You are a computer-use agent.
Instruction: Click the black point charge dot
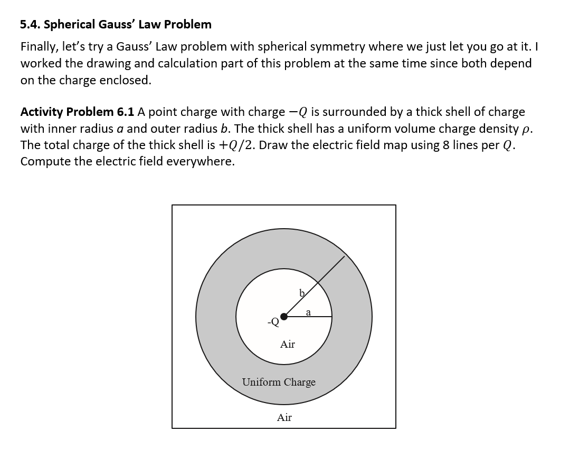pos(284,317)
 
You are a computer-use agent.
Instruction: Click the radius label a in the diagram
pos(308,312)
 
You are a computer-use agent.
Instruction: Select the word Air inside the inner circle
pos(287,345)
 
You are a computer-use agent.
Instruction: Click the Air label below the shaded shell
pos(284,418)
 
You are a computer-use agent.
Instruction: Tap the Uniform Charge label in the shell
pos(279,382)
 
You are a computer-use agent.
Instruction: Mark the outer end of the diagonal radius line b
pos(344,257)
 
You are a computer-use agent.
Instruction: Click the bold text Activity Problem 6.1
pos(78,112)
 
